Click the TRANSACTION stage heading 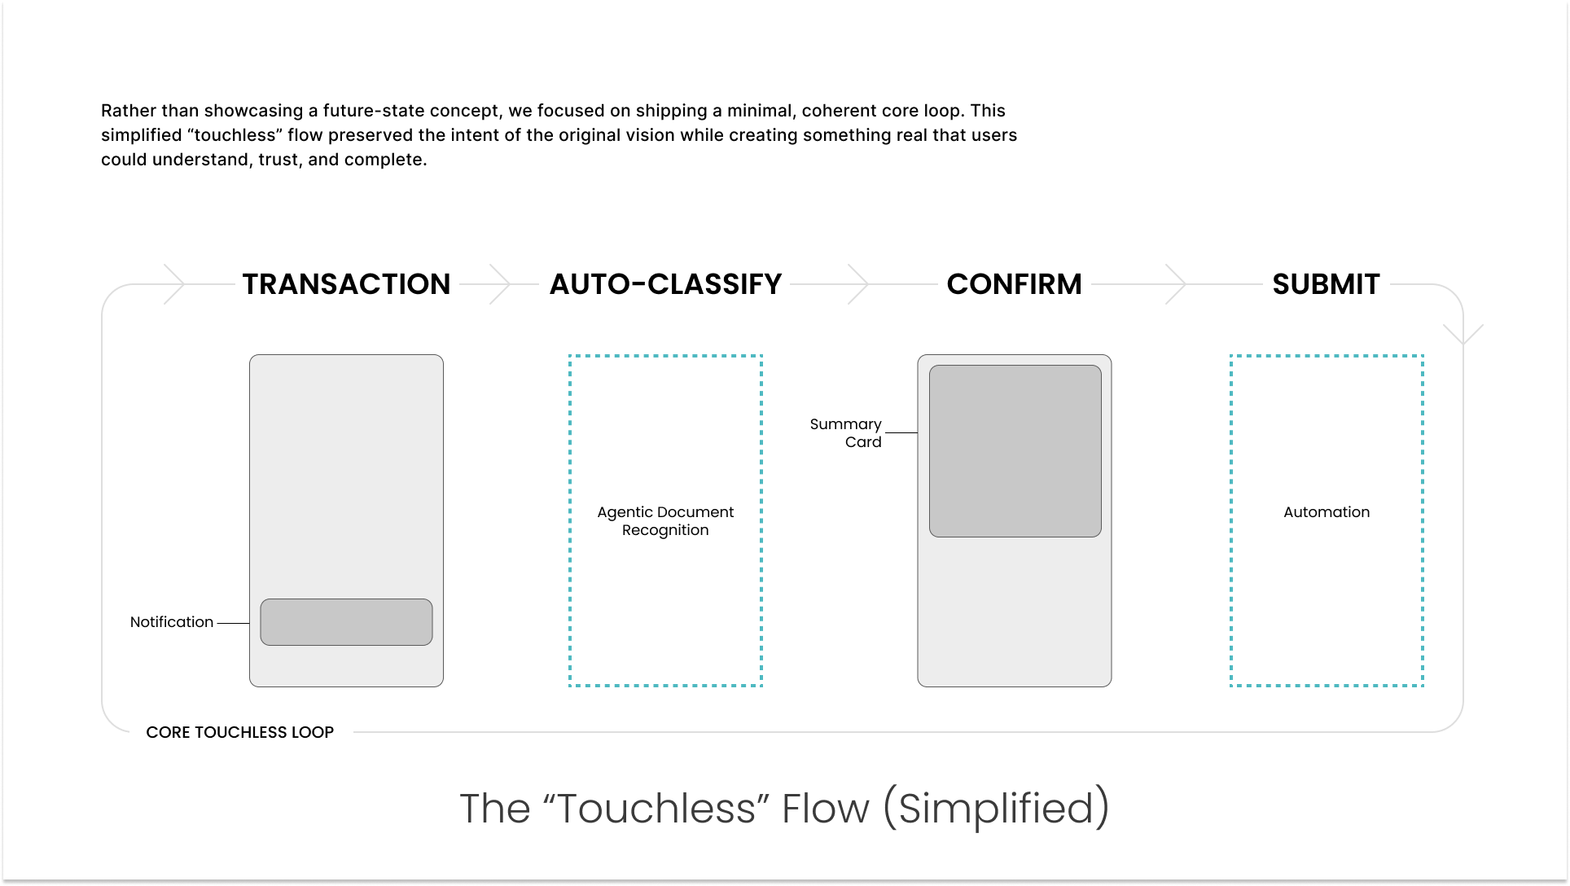[x=346, y=284]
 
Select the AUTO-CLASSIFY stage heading [x=665, y=284]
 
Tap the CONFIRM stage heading [x=1014, y=284]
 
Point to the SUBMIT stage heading [x=1326, y=284]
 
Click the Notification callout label [x=172, y=622]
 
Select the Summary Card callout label [x=846, y=433]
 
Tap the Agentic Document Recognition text [x=665, y=521]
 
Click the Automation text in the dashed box [x=1327, y=512]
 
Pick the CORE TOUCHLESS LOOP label [x=239, y=732]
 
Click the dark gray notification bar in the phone [x=346, y=622]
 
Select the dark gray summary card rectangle [x=1015, y=451]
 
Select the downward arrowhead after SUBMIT [x=1463, y=334]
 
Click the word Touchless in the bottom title [x=656, y=809]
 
